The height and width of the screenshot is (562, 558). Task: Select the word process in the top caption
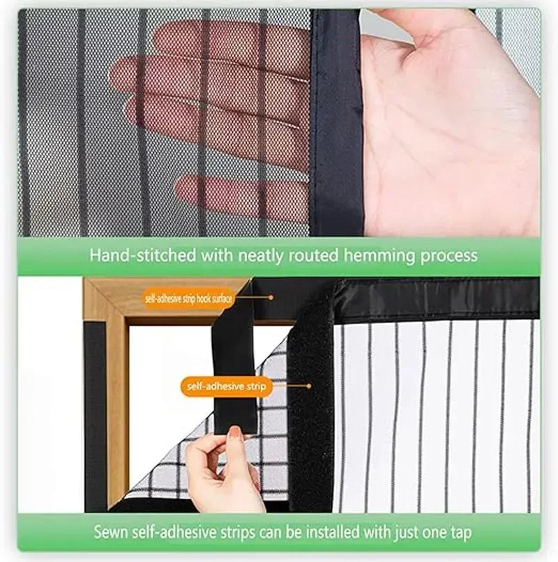(x=448, y=256)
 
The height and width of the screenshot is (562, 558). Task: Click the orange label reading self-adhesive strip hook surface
(x=189, y=298)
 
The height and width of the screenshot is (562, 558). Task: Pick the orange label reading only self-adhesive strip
(x=226, y=386)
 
